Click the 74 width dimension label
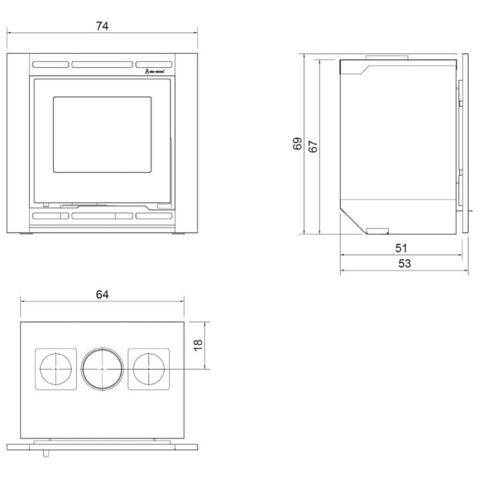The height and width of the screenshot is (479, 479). tap(102, 26)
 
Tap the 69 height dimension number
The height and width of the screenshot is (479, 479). tap(298, 144)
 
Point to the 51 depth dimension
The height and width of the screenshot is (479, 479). tap(401, 247)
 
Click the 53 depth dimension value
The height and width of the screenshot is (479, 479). tap(404, 263)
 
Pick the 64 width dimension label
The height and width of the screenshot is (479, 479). tap(102, 295)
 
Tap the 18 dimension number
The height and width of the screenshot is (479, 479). tap(199, 345)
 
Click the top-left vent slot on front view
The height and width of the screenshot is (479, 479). tap(51, 64)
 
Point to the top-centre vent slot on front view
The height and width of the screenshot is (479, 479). tap(102, 64)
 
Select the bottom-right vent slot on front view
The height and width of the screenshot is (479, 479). tap(153, 216)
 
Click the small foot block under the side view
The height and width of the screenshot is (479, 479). tap(377, 231)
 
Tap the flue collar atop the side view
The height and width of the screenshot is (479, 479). tap(388, 57)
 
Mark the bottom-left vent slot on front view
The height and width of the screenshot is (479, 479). tap(51, 216)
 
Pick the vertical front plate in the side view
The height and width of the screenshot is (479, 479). tap(465, 144)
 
